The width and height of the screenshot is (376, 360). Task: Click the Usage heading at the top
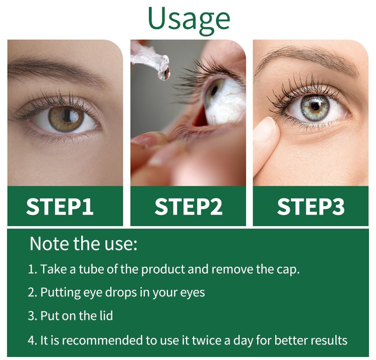189,20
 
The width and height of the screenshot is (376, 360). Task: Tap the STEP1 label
60,207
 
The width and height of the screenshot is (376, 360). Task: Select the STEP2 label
189,207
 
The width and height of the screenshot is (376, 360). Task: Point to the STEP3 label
311,207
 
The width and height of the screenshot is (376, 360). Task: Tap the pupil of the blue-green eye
315,106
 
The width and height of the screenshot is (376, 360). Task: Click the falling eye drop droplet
164,74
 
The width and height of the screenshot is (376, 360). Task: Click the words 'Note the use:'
83,244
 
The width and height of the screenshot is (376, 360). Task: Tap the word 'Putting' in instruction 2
61,293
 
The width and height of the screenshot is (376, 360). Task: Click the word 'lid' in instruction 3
106,316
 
